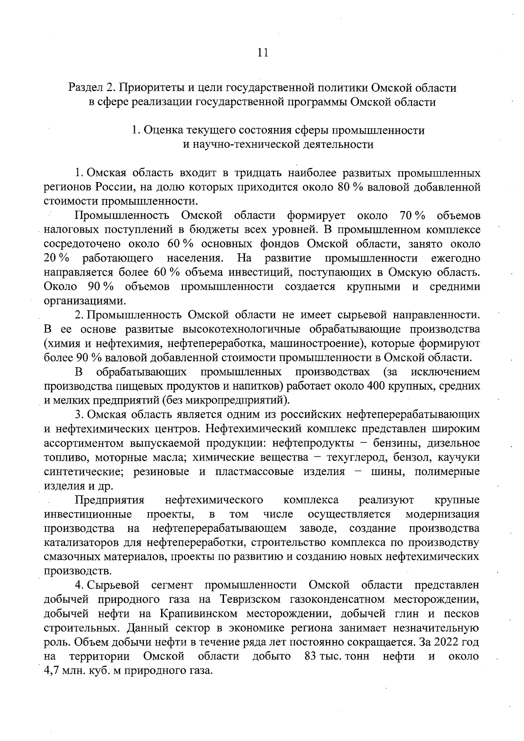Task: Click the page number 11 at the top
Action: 262,52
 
